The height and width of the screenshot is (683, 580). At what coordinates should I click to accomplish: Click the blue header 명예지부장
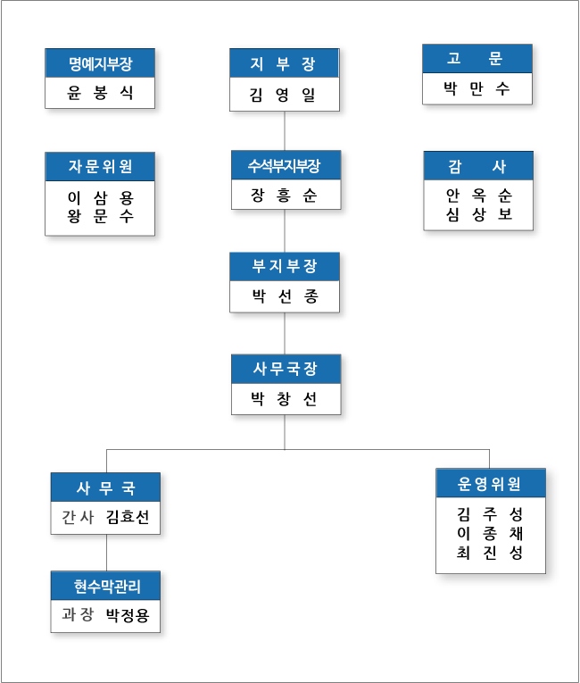point(100,63)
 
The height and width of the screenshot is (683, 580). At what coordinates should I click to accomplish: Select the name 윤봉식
point(100,92)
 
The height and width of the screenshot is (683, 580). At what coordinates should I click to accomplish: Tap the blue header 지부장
point(284,63)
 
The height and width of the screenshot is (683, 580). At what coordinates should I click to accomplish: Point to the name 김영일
point(283,94)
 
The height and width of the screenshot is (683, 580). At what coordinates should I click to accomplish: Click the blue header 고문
point(477,58)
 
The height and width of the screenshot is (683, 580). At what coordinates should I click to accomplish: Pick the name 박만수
point(476,88)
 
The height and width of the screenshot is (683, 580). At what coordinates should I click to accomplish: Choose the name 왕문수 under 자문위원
point(100,216)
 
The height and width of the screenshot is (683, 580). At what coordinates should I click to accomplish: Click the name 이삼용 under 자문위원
point(100,197)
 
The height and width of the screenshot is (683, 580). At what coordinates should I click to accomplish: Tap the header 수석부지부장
point(286,165)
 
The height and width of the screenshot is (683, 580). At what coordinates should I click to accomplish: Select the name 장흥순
point(284,196)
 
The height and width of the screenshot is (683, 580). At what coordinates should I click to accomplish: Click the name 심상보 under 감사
point(479,214)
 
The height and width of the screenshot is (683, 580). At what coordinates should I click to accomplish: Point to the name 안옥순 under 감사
point(479,196)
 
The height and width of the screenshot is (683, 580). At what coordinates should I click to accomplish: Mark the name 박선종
point(286,296)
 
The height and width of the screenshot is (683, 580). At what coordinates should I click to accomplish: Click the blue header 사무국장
point(286,369)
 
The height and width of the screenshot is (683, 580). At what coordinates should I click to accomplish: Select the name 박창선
point(284,398)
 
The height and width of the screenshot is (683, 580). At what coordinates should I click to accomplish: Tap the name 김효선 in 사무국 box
point(128,517)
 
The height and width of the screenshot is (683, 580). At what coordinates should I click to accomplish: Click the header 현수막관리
point(106,586)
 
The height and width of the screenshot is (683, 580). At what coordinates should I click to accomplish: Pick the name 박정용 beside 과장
point(128,615)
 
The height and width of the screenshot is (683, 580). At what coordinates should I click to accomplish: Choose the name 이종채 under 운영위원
point(490,534)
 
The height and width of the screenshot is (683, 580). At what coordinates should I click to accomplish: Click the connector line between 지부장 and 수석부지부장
point(285,131)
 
